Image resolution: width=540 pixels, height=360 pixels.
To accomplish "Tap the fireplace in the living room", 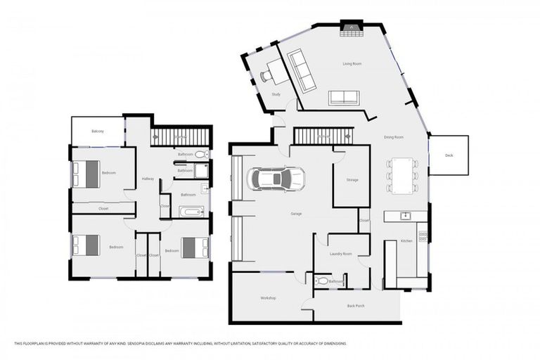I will pos(349,27).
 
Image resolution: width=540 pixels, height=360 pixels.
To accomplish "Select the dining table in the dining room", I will pos(401,174).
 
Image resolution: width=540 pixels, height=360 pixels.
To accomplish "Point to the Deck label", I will pos(449,155).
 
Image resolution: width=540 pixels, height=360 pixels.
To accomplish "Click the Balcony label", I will pos(98,131).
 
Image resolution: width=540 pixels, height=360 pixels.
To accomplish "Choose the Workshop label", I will pos(268,298).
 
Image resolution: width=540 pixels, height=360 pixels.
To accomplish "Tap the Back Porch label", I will pos(356,306).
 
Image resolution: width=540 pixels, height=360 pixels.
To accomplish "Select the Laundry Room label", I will pos(340,254).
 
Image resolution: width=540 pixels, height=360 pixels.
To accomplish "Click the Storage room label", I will pos(352,180).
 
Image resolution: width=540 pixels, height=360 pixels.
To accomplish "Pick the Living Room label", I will pos(352,64).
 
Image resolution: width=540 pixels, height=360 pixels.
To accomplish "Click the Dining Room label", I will pos(394,137).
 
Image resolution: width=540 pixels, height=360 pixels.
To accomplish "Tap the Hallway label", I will pos(148,179).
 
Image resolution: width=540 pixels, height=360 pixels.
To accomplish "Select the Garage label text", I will pos(296,213).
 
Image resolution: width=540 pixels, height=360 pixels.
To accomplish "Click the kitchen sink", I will pos(405,216).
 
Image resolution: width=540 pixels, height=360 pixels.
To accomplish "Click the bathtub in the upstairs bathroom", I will pos(191,212).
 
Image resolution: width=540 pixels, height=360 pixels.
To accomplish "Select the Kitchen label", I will pos(406,241).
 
